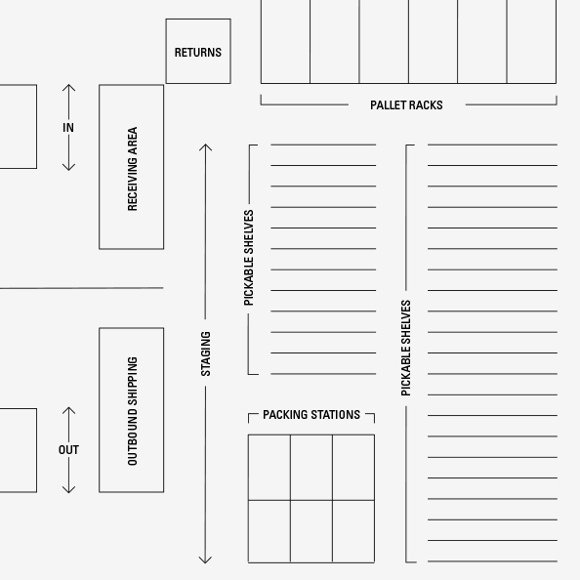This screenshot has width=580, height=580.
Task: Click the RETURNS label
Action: [198, 53]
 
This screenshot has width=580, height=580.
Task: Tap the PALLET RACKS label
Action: [406, 105]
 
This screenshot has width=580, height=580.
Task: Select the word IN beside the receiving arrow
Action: [68, 128]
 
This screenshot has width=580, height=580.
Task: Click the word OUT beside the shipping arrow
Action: [68, 450]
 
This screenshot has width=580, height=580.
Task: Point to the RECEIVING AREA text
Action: [132, 169]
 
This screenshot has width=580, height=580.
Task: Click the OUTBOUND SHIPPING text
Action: [132, 411]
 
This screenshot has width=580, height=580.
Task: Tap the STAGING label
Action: [205, 353]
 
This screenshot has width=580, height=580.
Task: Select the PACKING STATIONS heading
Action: [311, 415]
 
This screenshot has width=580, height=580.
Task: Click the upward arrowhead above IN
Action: [68, 88]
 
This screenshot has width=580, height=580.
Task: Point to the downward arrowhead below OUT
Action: [68, 490]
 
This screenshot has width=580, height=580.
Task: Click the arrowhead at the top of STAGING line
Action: [205, 147]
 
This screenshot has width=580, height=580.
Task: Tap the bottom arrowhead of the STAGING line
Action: [205, 559]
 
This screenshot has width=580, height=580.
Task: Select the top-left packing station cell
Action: [269, 468]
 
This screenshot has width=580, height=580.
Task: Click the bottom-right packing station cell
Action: [353, 531]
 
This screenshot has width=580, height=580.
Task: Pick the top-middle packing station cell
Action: [311, 468]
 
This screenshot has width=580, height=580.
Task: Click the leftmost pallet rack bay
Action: [285, 41]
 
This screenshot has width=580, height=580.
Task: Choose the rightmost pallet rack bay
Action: [531, 41]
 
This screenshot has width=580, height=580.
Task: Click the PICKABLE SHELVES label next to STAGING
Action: [249, 258]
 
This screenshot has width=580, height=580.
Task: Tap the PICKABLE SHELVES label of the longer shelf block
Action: [406, 348]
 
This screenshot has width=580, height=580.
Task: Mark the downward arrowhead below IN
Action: [68, 167]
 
